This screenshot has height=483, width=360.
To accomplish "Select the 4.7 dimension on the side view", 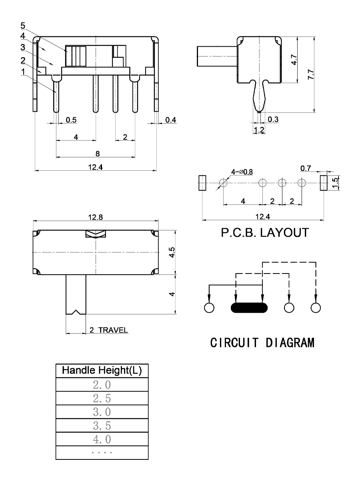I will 294,60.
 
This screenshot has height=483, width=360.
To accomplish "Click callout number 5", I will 23,26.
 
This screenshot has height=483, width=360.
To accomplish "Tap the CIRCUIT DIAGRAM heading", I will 262,343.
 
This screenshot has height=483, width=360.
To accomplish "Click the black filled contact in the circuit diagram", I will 249,307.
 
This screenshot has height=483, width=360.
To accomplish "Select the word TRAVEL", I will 113,331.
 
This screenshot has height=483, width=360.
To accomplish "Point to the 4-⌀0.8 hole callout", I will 242,172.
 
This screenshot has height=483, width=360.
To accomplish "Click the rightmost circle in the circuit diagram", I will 316,307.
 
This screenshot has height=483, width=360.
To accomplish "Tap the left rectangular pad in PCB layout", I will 202,183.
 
